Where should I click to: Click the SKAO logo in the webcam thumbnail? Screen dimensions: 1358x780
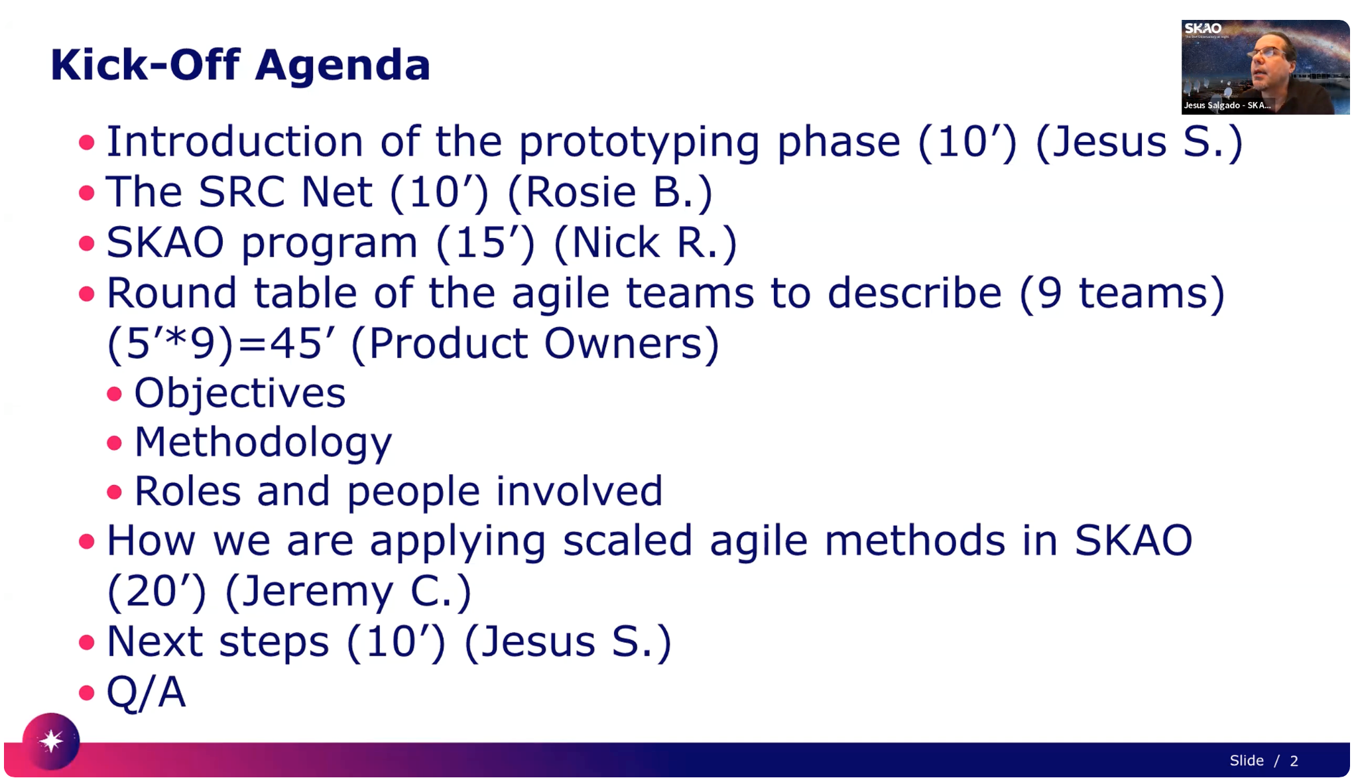tap(1203, 29)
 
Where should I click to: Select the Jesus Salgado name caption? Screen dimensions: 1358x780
tap(1227, 105)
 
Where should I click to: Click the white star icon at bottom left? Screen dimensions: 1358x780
tap(51, 740)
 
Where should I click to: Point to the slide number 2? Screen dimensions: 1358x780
tap(1294, 761)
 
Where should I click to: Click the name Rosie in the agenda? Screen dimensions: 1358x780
tap(580, 192)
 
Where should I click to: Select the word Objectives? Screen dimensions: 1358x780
tap(240, 393)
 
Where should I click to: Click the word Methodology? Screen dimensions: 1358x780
tap(263, 442)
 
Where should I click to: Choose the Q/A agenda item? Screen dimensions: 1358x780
tap(146, 692)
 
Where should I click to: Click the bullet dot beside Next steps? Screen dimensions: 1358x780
tap(87, 642)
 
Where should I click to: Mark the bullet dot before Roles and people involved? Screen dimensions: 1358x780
tap(115, 492)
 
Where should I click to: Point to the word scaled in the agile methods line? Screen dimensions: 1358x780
tap(628, 541)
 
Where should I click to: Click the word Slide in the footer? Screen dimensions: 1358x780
tap(1247, 761)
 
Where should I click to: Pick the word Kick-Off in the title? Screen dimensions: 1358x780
tap(145, 65)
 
